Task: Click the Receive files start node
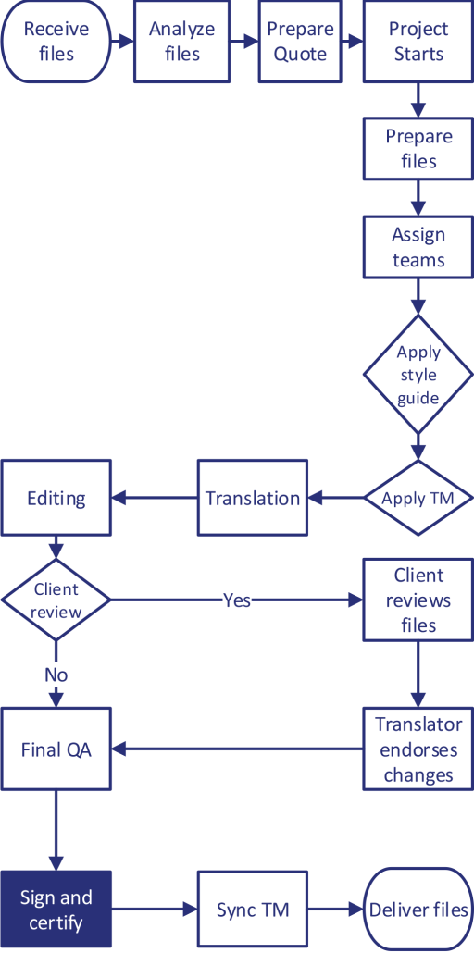(56, 42)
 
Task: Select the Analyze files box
(181, 42)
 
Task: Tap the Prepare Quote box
(300, 42)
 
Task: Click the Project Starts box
(418, 42)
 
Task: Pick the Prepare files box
(418, 149)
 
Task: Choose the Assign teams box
(418, 247)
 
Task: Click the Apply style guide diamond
(418, 375)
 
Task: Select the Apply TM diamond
(418, 498)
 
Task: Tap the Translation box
(253, 498)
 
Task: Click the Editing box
(56, 498)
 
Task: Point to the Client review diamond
(56, 600)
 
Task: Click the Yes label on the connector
(237, 600)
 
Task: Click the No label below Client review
(56, 675)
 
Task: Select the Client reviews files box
(418, 600)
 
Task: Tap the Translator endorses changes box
(418, 749)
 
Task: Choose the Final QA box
(56, 749)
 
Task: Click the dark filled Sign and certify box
(56, 910)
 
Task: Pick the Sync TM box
(253, 910)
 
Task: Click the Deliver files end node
(418, 910)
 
